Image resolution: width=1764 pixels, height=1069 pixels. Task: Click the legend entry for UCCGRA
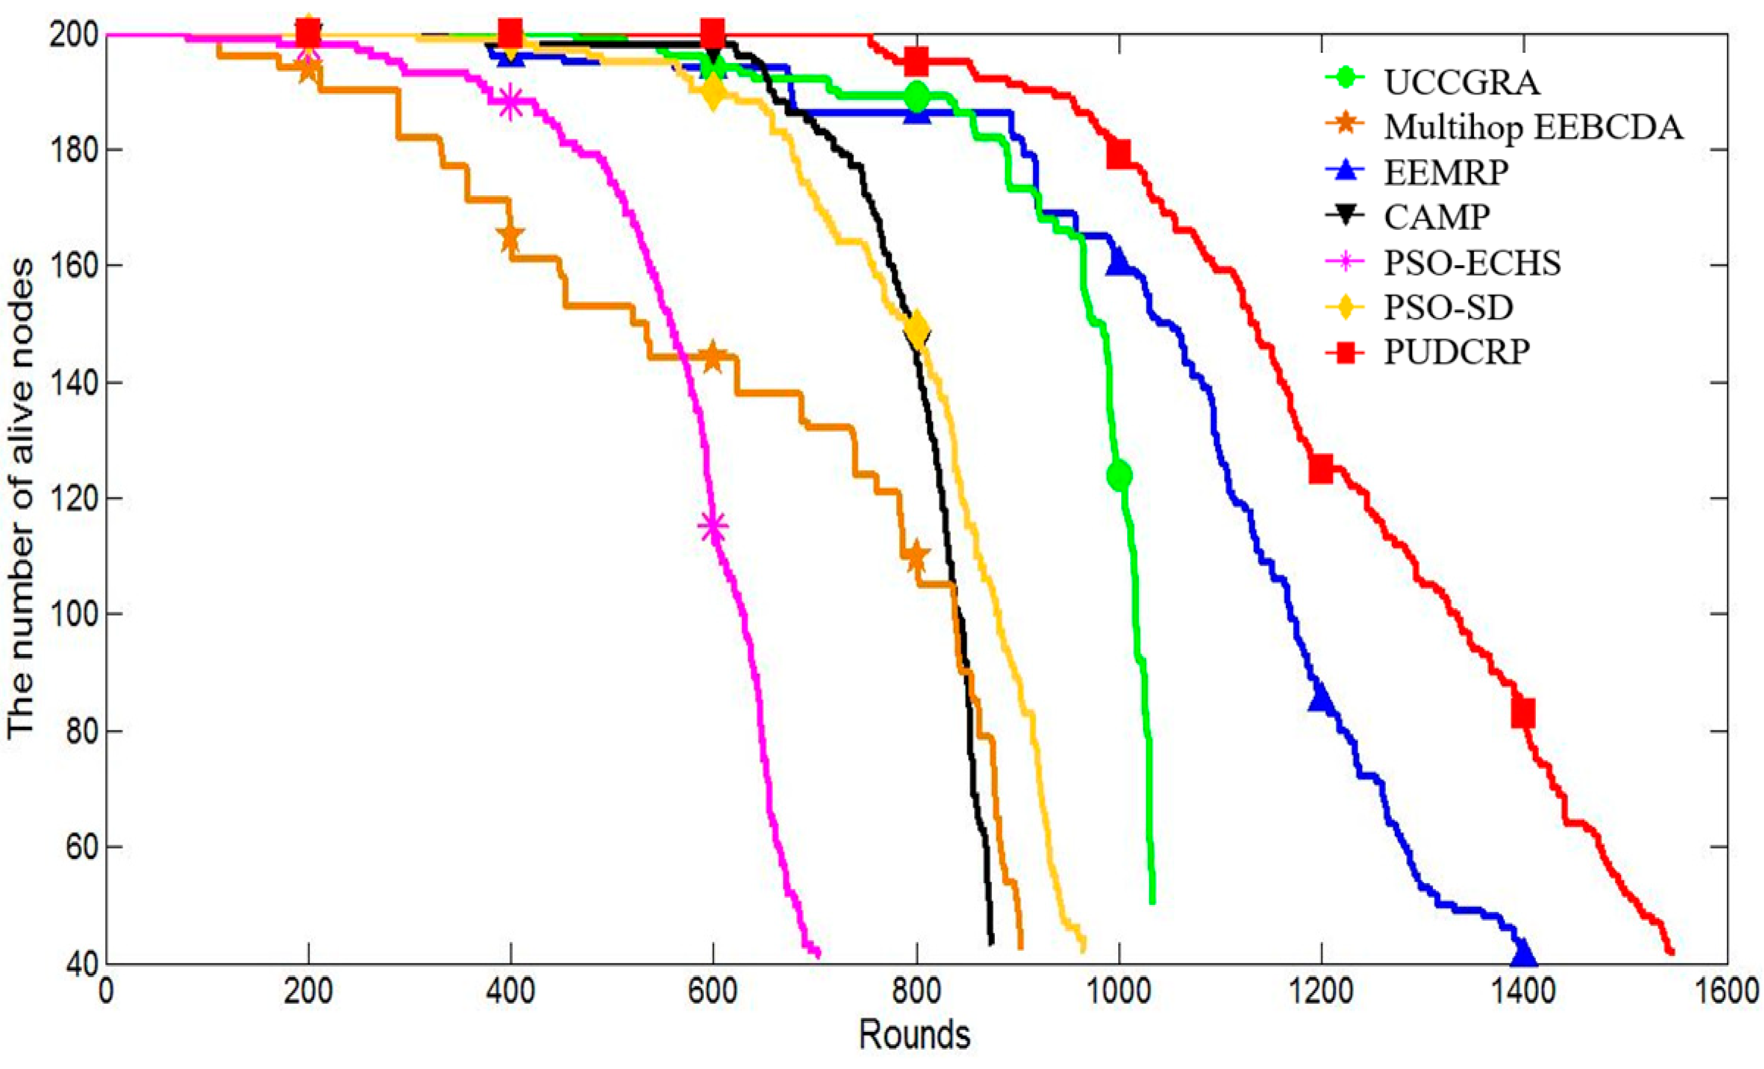(x=1461, y=82)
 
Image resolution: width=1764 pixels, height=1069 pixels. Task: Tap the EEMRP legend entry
(x=1445, y=172)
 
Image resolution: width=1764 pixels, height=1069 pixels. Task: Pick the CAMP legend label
(x=1436, y=216)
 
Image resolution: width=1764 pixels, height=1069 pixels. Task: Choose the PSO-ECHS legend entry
(x=1472, y=263)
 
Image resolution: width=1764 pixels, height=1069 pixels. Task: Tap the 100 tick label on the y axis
(x=72, y=615)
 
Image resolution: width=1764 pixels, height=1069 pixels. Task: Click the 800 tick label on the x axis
(x=916, y=993)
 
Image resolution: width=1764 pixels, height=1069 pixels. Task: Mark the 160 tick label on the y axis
(x=72, y=266)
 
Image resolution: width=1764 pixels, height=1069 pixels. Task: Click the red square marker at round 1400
(x=1523, y=713)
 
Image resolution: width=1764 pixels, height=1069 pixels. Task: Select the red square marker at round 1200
(x=1321, y=470)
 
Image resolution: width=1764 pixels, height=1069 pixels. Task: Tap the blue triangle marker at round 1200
(x=1321, y=700)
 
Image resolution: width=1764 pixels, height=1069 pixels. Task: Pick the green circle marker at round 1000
(x=1119, y=475)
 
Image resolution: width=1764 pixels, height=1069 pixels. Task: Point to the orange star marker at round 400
(x=510, y=236)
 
